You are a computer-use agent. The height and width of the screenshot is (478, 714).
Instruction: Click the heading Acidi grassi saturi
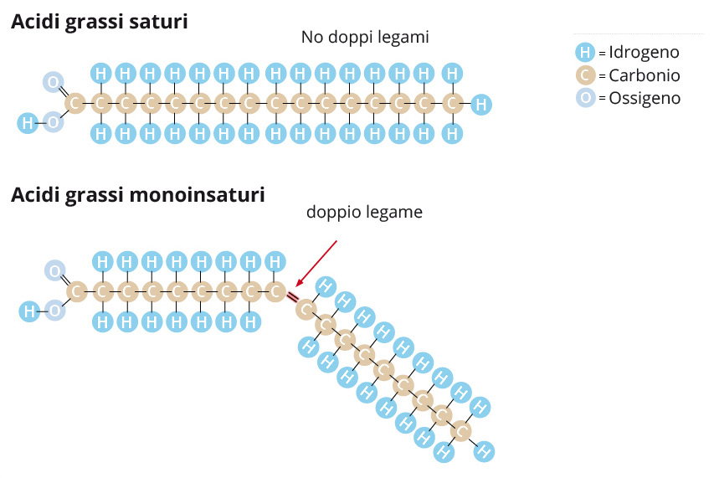99,22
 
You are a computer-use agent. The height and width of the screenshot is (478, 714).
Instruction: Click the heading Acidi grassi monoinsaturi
138,196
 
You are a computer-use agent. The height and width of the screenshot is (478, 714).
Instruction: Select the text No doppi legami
364,38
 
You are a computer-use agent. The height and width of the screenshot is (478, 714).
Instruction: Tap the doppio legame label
364,213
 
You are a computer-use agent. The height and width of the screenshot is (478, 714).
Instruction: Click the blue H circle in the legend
585,53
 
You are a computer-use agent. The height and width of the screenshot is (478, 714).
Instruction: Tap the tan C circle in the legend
585,75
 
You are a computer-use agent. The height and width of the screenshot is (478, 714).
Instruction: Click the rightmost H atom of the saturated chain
480,105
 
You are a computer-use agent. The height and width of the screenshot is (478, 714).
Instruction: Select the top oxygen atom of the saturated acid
54,82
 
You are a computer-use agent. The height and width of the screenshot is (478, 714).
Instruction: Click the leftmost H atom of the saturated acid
28,123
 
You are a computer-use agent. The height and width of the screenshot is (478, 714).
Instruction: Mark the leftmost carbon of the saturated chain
75,104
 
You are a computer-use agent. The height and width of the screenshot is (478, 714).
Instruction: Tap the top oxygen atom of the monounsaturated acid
55,270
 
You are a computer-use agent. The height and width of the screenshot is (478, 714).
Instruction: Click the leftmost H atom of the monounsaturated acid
29,312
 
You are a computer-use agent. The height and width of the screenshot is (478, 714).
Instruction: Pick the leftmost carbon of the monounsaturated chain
77,292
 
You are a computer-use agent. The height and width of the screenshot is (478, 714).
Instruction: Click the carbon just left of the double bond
275,292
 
